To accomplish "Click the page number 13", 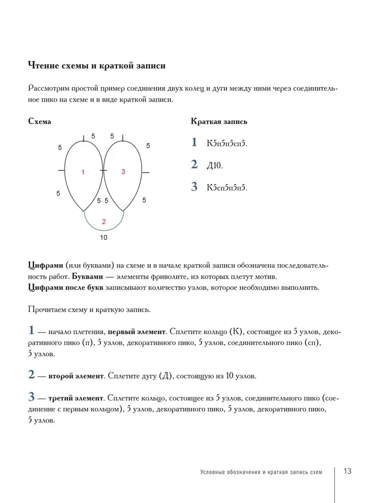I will pos(347,471).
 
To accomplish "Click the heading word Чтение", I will pos(45,65).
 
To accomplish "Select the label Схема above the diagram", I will pos(40,121).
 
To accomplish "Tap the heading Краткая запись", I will pos(219,121).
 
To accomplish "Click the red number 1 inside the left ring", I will pos(83,172).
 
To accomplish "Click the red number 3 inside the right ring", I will pos(123,172).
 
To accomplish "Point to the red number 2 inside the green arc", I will pos(104,221).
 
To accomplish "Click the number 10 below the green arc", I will pos(103,237).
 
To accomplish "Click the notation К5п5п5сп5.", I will pos(227,143).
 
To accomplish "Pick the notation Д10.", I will pos(214,165).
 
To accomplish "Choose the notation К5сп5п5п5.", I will pos(227,188).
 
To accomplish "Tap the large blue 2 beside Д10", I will pos(195,164).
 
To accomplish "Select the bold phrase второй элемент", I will pos(76,376).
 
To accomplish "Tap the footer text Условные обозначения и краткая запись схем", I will pos(260,472).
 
